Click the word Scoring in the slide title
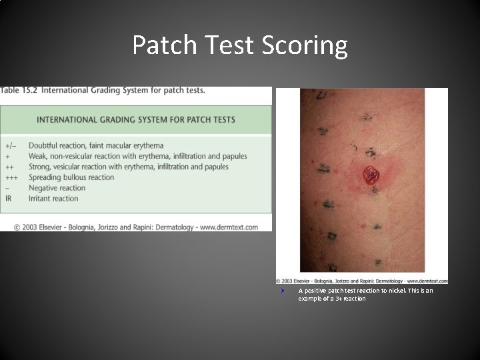click(309, 45)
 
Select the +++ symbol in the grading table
click(12, 177)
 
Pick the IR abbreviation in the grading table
click(8, 199)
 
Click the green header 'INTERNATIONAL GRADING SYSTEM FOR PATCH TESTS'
click(136, 120)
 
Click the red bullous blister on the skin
click(371, 175)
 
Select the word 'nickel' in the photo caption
click(398, 291)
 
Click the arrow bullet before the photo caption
click(283, 291)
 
